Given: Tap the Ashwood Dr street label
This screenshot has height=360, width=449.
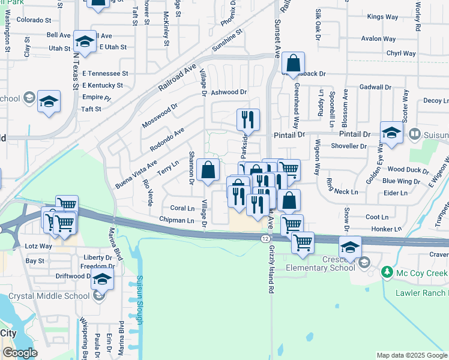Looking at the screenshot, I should (229, 92).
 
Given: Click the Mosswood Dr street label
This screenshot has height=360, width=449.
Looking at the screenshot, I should (160, 116).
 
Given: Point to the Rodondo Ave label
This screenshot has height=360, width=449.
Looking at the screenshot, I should (167, 139).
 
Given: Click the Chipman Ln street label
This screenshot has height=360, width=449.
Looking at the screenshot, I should (176, 220).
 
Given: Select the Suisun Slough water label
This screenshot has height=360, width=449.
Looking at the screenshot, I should (139, 300).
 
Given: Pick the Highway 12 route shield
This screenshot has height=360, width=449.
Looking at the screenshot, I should (265, 238).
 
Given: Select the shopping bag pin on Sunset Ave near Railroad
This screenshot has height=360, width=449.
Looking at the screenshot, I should (293, 63).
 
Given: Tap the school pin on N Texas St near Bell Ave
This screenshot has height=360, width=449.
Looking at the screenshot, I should (85, 41).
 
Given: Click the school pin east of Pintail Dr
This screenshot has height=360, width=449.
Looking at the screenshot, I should (391, 133).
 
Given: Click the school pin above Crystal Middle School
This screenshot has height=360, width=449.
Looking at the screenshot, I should (103, 278).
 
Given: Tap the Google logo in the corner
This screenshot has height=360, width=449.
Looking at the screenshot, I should (20, 353).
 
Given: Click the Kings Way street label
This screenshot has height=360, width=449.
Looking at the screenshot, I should (382, 17).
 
